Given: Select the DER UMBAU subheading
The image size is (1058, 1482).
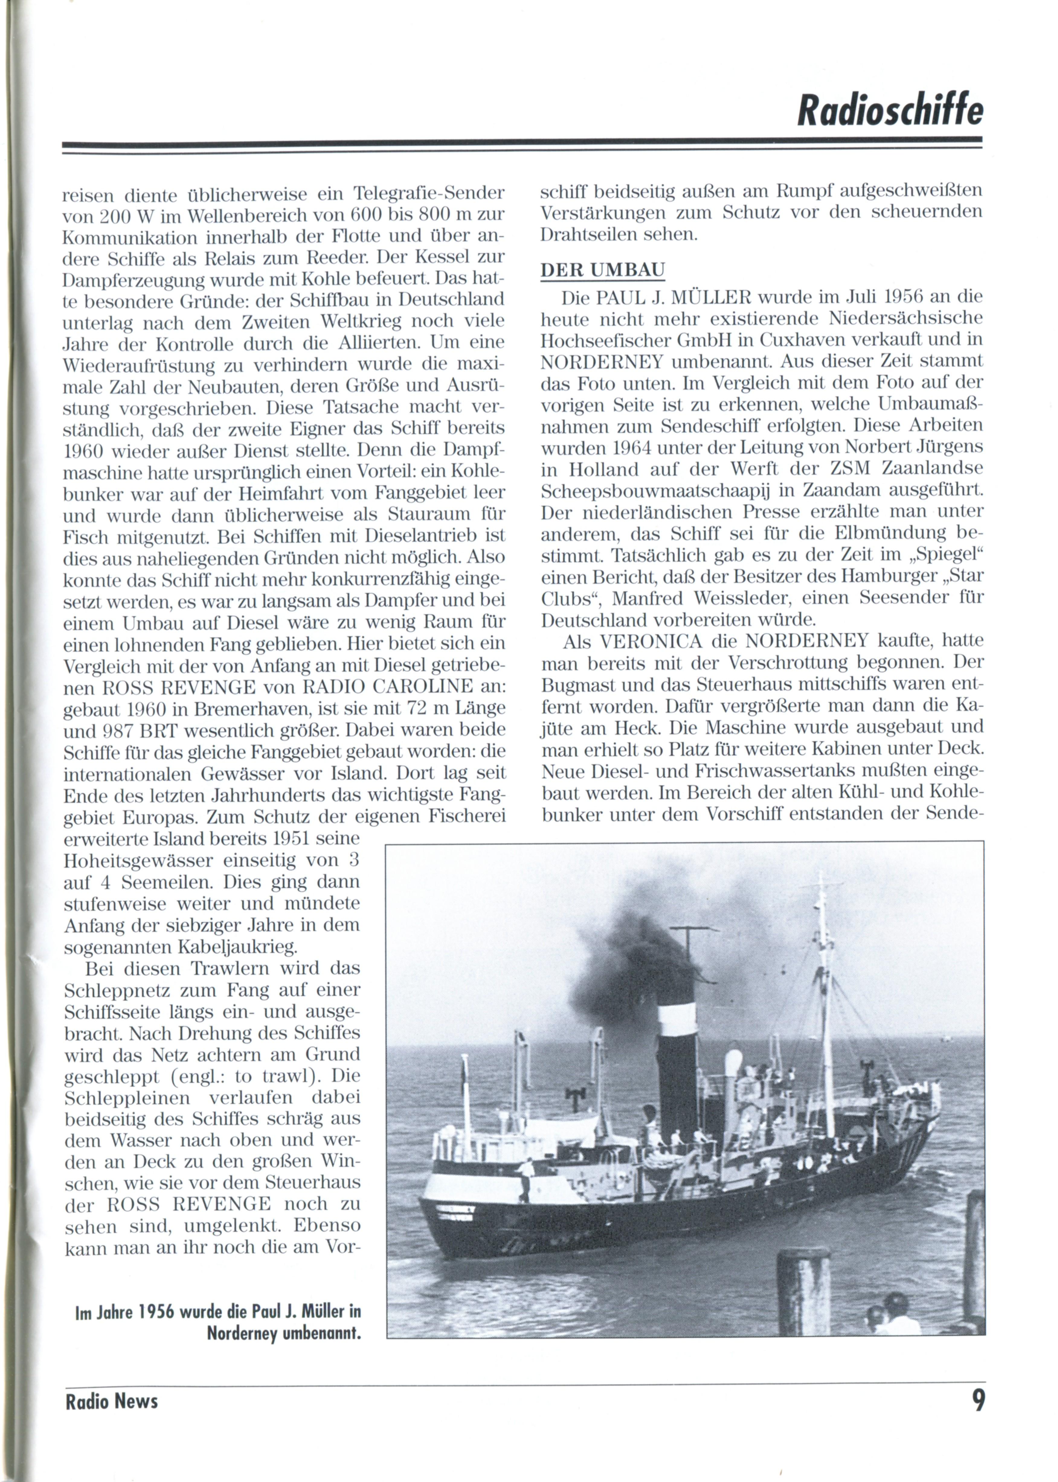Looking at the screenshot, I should [603, 270].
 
